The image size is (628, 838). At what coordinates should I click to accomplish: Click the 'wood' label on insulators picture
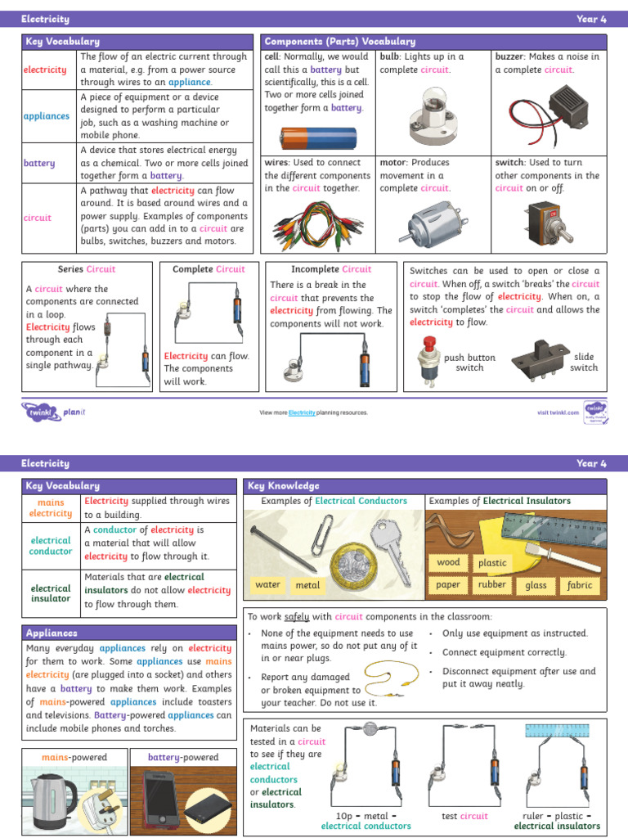pos(448,562)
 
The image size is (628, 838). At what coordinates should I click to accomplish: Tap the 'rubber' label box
pos(492,584)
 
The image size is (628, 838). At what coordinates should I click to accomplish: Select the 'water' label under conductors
pos(267,584)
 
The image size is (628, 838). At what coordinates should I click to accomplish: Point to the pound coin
pos(349,565)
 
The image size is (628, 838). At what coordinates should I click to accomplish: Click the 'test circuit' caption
pos(464,816)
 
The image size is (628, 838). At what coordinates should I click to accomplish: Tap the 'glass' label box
pos(536,585)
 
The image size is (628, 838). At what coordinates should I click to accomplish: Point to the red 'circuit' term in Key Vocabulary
pos(38,218)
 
